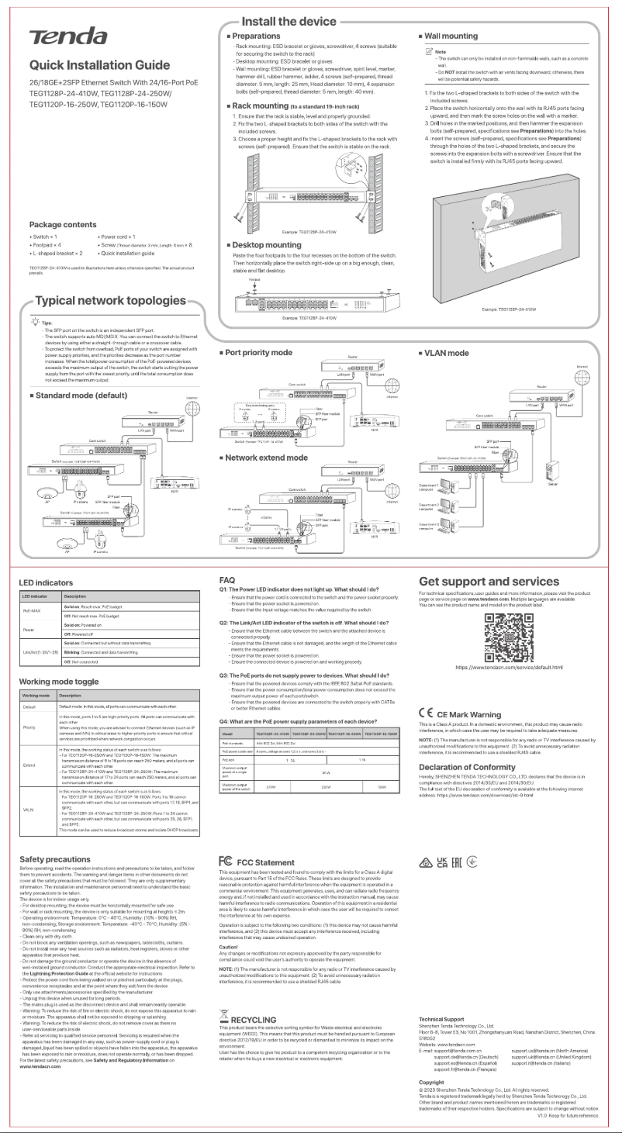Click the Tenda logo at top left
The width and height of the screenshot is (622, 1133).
[x=68, y=36]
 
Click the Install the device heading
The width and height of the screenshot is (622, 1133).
[x=289, y=21]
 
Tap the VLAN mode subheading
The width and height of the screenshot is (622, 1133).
[x=446, y=353]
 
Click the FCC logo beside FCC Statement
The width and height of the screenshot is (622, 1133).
[x=226, y=862]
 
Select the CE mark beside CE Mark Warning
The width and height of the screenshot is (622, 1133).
[x=425, y=713]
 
